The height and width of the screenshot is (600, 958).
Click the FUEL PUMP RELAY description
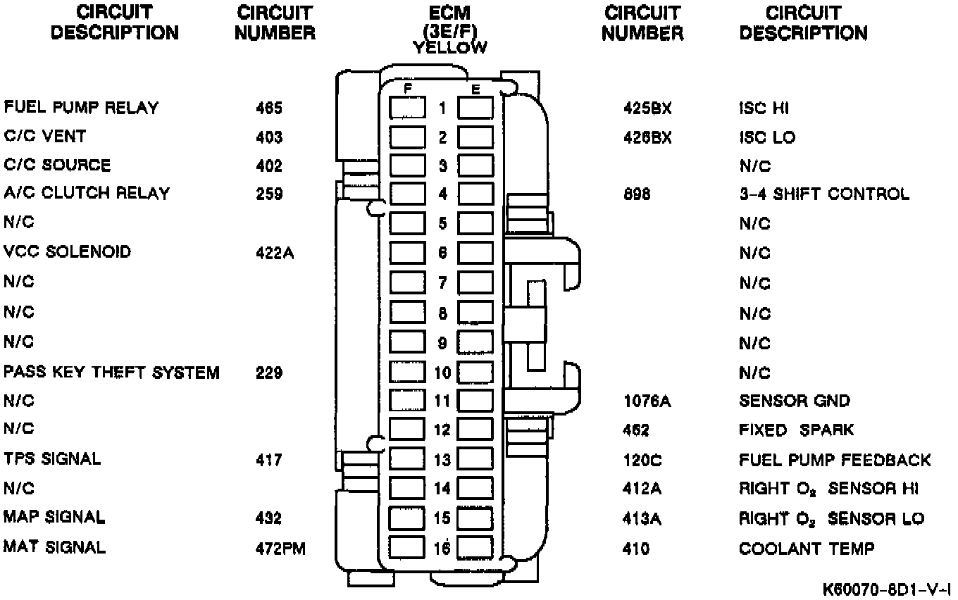(81, 108)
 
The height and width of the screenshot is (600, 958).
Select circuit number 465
(269, 108)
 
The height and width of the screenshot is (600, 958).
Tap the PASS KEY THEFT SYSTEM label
(111, 372)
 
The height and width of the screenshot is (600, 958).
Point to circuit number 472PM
(281, 548)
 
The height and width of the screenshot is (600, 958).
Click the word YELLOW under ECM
(449, 48)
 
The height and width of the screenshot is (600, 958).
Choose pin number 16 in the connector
(442, 548)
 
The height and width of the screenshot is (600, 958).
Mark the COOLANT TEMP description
(807, 549)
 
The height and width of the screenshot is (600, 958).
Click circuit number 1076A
(647, 401)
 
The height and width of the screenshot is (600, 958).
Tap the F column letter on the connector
(407, 89)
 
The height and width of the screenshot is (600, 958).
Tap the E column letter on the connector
(475, 89)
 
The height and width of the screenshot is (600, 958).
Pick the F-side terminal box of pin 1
(407, 108)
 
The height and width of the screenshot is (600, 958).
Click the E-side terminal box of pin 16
(475, 547)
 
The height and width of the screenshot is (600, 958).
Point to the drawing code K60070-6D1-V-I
(889, 587)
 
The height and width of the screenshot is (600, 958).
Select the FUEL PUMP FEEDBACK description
(835, 461)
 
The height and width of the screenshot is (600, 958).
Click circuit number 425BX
(647, 108)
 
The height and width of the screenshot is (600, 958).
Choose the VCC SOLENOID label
(67, 251)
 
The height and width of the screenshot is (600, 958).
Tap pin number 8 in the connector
(442, 313)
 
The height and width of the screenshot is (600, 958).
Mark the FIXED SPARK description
(796, 430)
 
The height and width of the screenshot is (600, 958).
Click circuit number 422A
(275, 253)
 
